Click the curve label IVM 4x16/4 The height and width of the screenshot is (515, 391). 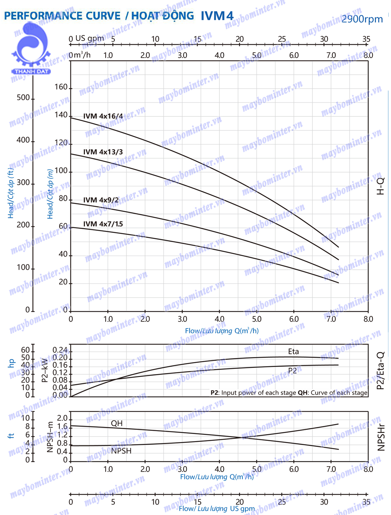(x=103, y=116)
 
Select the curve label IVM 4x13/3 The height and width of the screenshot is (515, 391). (x=103, y=152)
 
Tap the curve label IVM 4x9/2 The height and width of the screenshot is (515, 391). (x=101, y=200)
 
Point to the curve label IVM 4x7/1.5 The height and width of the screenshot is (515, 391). (x=103, y=224)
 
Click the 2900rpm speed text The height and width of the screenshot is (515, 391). (x=362, y=19)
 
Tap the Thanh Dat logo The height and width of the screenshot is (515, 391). (x=31, y=49)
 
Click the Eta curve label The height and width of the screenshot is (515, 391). (x=293, y=351)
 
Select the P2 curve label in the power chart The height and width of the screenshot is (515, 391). (x=292, y=371)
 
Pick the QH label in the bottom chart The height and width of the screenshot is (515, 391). (x=117, y=423)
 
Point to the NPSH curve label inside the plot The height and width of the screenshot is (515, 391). (x=121, y=451)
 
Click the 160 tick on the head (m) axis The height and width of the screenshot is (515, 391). (x=61, y=87)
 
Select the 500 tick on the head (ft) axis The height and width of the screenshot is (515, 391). (x=23, y=98)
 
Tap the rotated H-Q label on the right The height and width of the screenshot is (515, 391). (x=381, y=186)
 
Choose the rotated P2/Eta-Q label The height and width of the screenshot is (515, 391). (x=381, y=371)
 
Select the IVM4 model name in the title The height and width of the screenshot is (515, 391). (x=217, y=16)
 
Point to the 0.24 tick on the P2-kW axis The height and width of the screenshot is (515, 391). (x=60, y=350)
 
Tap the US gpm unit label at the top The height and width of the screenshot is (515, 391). (x=90, y=38)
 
